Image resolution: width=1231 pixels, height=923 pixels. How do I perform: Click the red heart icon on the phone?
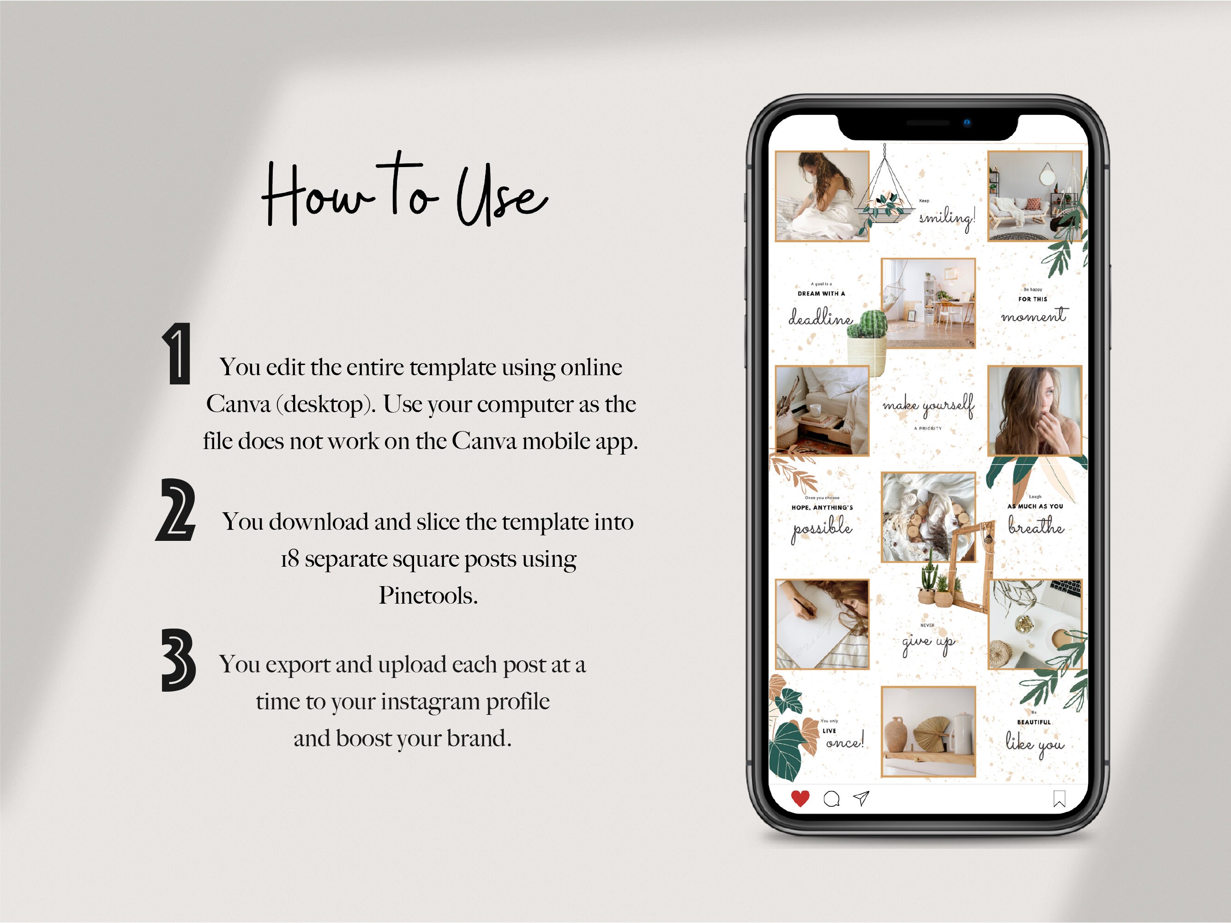[800, 798]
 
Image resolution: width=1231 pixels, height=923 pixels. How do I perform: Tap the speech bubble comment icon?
[831, 799]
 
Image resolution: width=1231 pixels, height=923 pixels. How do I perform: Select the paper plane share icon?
[861, 798]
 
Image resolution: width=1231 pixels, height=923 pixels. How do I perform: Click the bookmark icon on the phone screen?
[1059, 799]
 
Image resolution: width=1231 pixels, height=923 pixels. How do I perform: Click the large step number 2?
[176, 509]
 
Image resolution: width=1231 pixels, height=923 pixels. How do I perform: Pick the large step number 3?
[178, 660]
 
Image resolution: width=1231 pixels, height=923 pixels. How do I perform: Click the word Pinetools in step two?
[428, 596]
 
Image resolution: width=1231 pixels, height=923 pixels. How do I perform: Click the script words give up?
[928, 642]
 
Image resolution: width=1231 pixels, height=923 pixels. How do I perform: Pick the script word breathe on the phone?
[1036, 525]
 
